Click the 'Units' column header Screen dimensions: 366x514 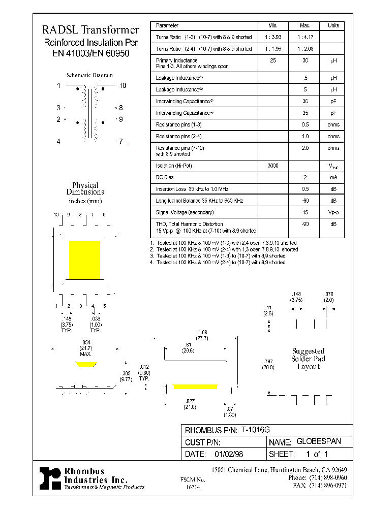[x=333, y=25]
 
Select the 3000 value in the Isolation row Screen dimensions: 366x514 [x=272, y=166]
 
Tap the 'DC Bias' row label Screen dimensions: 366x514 [x=165, y=177]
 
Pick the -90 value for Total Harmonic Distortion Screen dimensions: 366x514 [x=305, y=224]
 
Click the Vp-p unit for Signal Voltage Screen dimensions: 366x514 [x=333, y=212]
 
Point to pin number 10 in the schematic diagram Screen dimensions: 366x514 [x=123, y=85]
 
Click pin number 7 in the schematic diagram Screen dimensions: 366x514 [x=121, y=142]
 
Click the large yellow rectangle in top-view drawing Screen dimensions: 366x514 [x=84, y=260]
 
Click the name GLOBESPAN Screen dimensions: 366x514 [x=318, y=442]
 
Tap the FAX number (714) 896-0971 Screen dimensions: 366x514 [x=327, y=486]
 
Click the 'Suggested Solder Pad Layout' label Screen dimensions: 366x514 [x=308, y=359]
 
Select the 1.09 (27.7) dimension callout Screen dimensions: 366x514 [x=202, y=335]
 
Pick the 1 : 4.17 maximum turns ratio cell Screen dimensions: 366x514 [x=305, y=37]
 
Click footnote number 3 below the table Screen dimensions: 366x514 [x=151, y=256]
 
